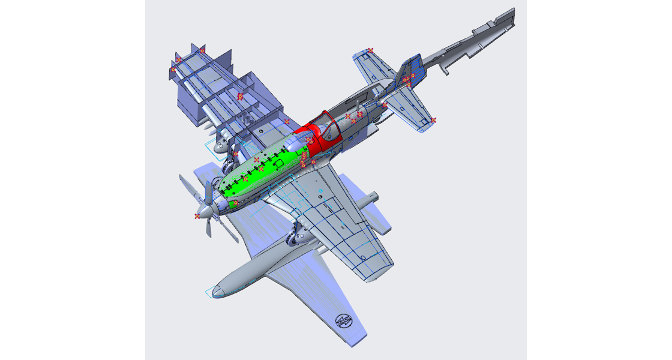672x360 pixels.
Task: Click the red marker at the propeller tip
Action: click(197, 215)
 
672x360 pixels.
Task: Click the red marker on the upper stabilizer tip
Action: click(371, 50)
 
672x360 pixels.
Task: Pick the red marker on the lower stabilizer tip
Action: click(433, 121)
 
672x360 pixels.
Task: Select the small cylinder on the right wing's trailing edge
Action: click(371, 197)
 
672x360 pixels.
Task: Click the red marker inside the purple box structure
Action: click(240, 96)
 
